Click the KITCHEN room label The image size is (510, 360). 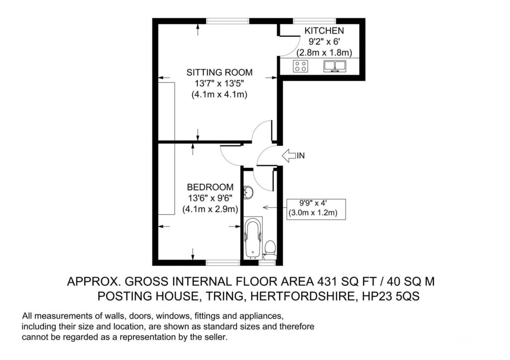click(324, 30)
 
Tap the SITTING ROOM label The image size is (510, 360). click(219, 72)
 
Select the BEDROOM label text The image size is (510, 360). click(210, 187)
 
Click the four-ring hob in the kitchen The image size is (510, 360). click(301, 66)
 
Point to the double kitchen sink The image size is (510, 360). click(335, 66)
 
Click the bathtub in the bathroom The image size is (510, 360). click(253, 238)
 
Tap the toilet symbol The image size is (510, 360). click(269, 250)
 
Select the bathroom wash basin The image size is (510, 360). click(249, 192)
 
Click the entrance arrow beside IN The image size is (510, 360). click(288, 155)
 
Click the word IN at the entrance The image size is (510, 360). click(300, 156)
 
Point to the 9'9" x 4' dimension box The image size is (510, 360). click(316, 209)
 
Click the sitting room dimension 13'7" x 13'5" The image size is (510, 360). click(219, 84)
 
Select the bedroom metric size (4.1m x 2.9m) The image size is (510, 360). click(210, 209)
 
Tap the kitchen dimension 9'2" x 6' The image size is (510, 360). click(324, 42)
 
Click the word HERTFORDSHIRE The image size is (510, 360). click(302, 296)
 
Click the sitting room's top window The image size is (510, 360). click(228, 21)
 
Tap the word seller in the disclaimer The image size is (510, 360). click(216, 337)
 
